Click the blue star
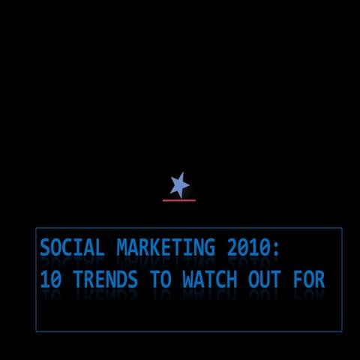point(179,184)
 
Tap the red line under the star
point(179,200)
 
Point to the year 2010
point(244,247)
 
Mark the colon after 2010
point(277,249)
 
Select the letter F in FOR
point(299,280)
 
